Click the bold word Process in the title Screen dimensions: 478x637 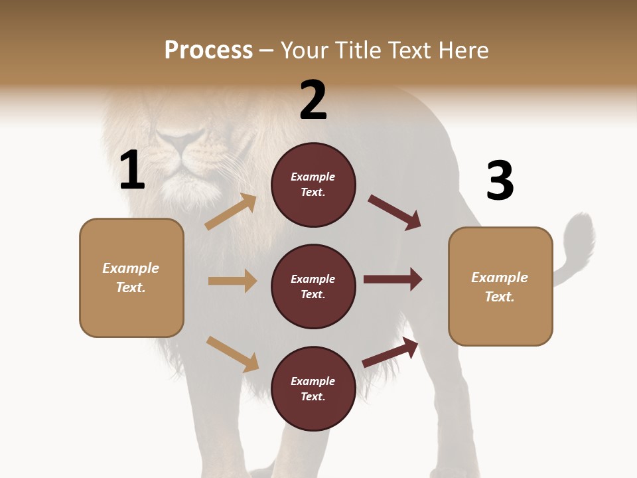point(208,50)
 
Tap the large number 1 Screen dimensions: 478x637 point(132,171)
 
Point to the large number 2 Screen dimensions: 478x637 point(313,100)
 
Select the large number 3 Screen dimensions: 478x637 point(500,181)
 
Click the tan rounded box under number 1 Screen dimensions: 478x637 point(131,278)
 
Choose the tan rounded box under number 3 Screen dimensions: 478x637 point(500,287)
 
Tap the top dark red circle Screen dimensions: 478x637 point(313,185)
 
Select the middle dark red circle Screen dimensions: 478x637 point(313,287)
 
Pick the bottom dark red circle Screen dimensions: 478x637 point(313,389)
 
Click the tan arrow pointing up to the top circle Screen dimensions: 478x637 point(231,212)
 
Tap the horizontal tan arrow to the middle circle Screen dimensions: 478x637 point(232,281)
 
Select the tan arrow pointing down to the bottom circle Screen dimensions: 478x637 point(232,354)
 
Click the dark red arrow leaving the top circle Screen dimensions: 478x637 point(395,212)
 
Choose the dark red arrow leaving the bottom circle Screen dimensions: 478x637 point(391,352)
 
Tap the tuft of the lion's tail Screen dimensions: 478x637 point(580,236)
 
